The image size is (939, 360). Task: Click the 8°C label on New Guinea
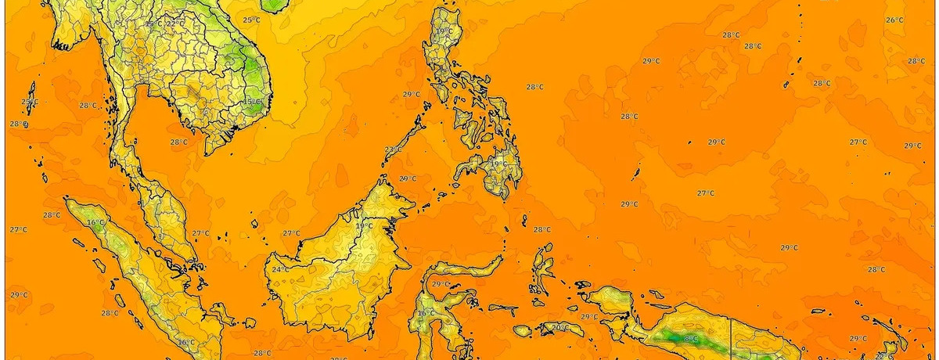point(690,339)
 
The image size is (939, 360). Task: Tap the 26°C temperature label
point(894,20)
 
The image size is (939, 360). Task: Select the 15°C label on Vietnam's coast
point(251,102)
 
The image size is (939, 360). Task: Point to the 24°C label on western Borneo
point(279,270)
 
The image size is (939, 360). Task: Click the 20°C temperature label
point(559,327)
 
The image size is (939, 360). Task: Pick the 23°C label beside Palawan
point(394,149)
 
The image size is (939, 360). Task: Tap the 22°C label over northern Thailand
point(175,23)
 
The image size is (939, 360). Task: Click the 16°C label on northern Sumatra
point(95,223)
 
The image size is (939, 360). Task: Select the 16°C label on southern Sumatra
point(185,342)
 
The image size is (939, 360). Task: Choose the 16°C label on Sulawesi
point(426,314)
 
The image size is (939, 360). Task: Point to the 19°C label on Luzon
point(444,32)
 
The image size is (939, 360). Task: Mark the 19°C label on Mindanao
point(498,164)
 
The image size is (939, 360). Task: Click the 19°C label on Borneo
point(364,226)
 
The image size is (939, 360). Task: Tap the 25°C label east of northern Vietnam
point(251,20)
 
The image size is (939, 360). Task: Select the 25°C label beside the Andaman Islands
point(29,103)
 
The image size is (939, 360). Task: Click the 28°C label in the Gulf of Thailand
point(179,142)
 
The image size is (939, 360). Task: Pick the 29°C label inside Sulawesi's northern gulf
point(441,284)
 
